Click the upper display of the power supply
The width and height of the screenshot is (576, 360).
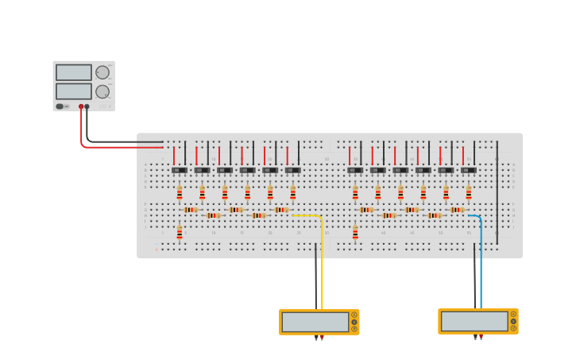74,72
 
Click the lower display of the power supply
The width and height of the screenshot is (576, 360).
74,91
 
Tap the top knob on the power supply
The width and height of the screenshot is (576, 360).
102,72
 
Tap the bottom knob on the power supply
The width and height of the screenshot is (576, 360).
102,91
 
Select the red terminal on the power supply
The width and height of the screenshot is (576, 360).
81,106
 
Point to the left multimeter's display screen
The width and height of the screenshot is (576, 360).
315,322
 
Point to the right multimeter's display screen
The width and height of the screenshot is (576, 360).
474,322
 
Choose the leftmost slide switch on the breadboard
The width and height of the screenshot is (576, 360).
180,169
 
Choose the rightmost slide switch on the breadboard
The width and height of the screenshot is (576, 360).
469,169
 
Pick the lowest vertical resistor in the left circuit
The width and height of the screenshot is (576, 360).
180,232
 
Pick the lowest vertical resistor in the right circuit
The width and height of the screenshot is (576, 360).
355,232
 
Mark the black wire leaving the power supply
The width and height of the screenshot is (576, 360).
119,142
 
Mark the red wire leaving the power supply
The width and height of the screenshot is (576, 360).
119,147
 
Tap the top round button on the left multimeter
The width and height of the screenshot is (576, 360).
354,315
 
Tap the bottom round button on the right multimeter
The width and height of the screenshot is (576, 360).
513,328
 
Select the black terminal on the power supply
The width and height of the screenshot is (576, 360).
87,106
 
